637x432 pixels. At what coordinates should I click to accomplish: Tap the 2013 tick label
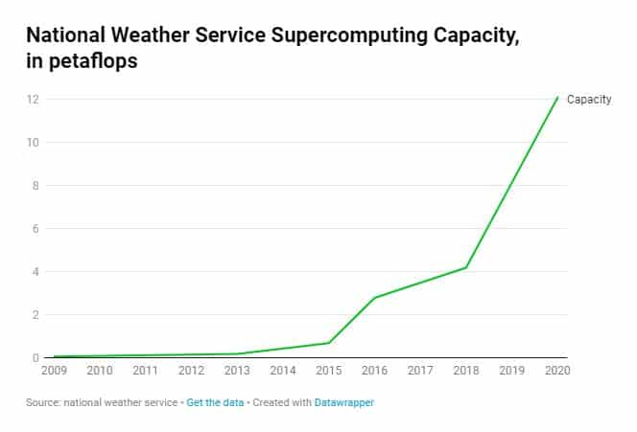tap(237, 370)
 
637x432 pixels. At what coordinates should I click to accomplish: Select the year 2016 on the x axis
tap(374, 370)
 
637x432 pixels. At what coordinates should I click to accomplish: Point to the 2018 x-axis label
tap(465, 370)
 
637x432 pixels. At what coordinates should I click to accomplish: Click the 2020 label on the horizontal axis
tap(556, 370)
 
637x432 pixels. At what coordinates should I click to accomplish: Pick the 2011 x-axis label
tap(146, 370)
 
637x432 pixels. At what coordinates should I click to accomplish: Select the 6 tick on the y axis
tap(35, 229)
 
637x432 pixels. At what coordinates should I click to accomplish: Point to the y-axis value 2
tap(35, 315)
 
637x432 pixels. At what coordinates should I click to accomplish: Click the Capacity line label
tap(589, 100)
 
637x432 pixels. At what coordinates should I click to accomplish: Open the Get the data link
tap(214, 403)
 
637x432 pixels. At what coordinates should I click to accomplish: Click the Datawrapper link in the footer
tap(344, 403)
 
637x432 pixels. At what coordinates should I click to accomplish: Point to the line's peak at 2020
tap(557, 97)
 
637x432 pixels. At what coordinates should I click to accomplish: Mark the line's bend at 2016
tap(374, 298)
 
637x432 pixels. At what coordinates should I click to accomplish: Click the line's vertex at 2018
tap(466, 267)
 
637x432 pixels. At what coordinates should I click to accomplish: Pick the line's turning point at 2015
tap(329, 343)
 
